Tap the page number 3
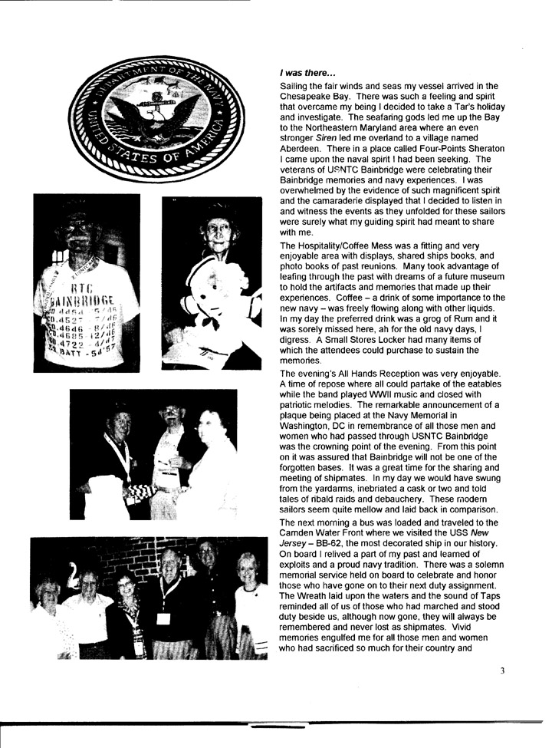pos(502,670)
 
